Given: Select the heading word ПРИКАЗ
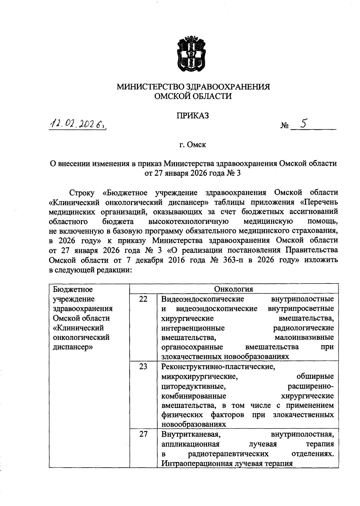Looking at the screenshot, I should tap(192, 116).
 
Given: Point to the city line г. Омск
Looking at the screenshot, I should tap(193, 145).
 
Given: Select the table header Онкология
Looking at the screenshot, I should tap(233, 289).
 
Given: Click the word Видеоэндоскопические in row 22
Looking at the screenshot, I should tap(202, 299).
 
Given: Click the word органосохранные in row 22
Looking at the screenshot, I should tap(192, 347).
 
